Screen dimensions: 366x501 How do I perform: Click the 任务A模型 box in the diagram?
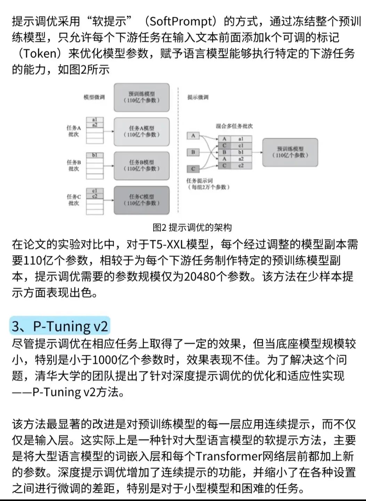141,131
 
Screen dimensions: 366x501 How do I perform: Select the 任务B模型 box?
141,165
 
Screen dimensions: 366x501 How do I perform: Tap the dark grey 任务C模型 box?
141,200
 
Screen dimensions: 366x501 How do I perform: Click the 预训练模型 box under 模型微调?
141,97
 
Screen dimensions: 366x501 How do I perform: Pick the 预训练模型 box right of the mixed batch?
290,152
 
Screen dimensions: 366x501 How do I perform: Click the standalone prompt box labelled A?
193,135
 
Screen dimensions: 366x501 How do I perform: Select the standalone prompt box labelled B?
193,152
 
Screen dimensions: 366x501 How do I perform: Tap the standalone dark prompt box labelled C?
193,169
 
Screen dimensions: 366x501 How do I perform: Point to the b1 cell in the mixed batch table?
241,152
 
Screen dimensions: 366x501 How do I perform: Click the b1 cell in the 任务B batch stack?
95,155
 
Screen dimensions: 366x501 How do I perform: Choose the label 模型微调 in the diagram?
94,97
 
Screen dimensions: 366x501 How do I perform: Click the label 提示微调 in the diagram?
198,97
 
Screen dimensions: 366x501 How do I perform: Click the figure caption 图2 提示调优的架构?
192,228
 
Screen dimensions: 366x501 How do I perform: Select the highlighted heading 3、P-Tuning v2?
60,326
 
